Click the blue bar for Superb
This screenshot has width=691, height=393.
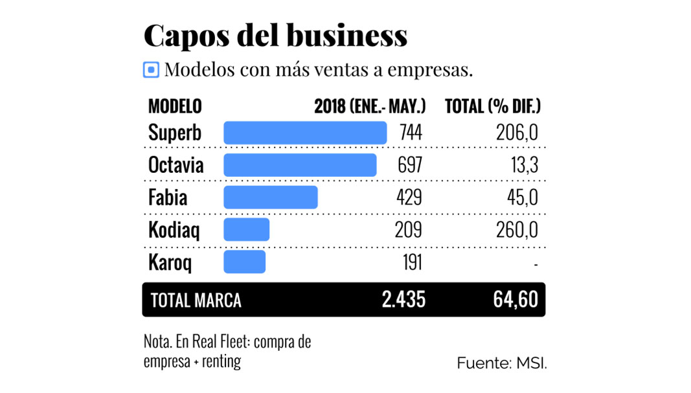click(x=305, y=133)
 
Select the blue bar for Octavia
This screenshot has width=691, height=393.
click(x=300, y=164)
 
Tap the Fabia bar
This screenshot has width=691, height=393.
click(x=271, y=197)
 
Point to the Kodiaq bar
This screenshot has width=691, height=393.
click(x=246, y=229)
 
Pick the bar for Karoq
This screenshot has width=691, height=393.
click(x=244, y=262)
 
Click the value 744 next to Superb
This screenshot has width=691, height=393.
click(x=411, y=133)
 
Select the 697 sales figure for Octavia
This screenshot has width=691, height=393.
click(x=410, y=164)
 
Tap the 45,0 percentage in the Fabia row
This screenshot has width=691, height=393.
click(x=523, y=197)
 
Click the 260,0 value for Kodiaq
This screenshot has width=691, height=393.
click(x=517, y=229)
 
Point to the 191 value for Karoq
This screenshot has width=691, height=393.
click(x=411, y=262)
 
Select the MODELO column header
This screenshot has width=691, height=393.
click(x=175, y=106)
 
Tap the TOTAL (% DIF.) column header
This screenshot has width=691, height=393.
click(x=493, y=106)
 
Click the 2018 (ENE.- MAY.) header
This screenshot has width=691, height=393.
click(x=370, y=106)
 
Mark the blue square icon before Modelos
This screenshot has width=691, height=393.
click(x=151, y=70)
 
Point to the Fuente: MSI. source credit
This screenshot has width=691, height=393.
click(x=502, y=363)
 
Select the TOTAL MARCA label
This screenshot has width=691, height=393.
click(x=196, y=300)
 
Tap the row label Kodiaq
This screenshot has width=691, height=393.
click(x=174, y=229)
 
